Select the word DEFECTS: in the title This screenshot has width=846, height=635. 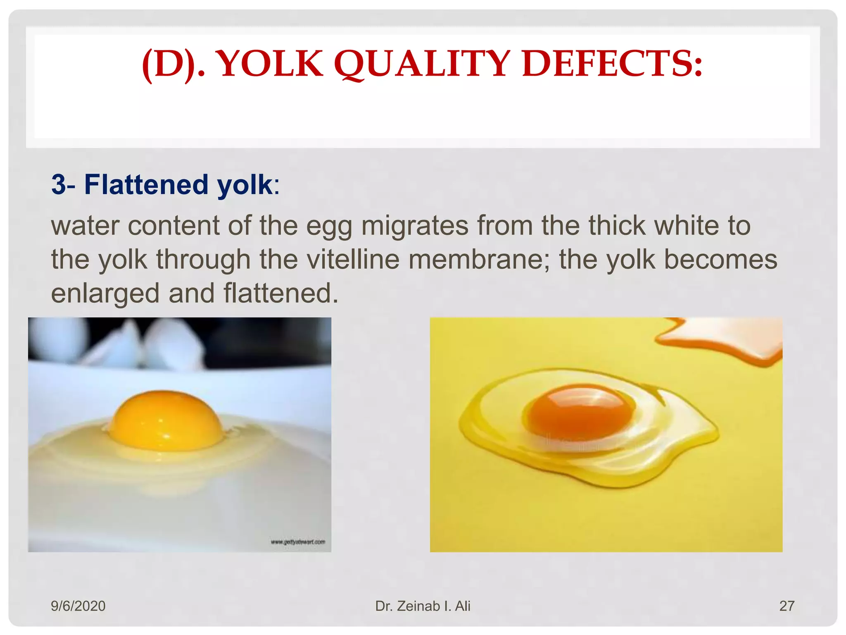click(x=612, y=64)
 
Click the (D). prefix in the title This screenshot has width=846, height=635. click(x=173, y=64)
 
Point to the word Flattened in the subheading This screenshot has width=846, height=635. click(x=146, y=184)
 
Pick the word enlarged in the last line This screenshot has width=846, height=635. click(x=105, y=293)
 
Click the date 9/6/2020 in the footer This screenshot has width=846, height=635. click(x=78, y=606)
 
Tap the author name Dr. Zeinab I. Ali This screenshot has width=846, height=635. click(x=423, y=606)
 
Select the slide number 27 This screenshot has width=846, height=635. click(x=787, y=606)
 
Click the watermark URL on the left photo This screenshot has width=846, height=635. click(x=298, y=542)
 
